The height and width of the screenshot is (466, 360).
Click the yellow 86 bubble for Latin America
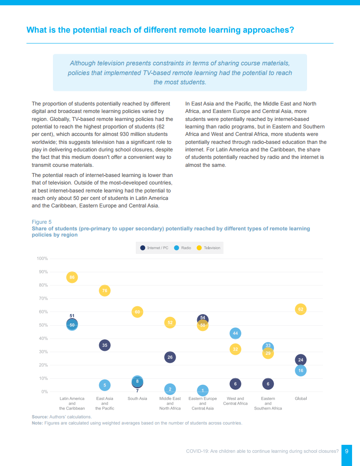pyautogui.click(x=72, y=277)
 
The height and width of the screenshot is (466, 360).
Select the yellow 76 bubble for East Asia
pyautogui.click(x=105, y=290)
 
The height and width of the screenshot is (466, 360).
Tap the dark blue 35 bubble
pyautogui.click(x=105, y=345)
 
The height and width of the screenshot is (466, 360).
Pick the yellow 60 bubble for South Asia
pyautogui.click(x=137, y=312)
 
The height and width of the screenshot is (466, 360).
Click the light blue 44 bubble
pyautogui.click(x=235, y=333)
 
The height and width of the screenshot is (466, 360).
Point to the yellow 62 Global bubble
pyautogui.click(x=300, y=309)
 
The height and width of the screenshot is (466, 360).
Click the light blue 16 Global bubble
pyautogui.click(x=300, y=371)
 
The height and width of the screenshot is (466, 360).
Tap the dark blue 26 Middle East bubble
pyautogui.click(x=170, y=357)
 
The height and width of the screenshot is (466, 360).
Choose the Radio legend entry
pyautogui.click(x=183, y=248)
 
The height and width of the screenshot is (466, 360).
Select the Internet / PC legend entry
pyautogui.click(x=154, y=248)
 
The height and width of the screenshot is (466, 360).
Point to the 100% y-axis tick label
pyautogui.click(x=42, y=259)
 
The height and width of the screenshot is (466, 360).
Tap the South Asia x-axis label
pyautogui.click(x=137, y=398)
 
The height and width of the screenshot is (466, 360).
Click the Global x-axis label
pyautogui.click(x=300, y=398)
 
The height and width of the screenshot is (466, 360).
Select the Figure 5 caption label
pyautogui.click(x=42, y=222)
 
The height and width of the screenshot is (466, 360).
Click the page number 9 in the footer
pyautogui.click(x=347, y=451)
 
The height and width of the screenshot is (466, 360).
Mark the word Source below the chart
pyautogui.click(x=40, y=417)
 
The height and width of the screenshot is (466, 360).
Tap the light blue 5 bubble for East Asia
pyautogui.click(x=105, y=385)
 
